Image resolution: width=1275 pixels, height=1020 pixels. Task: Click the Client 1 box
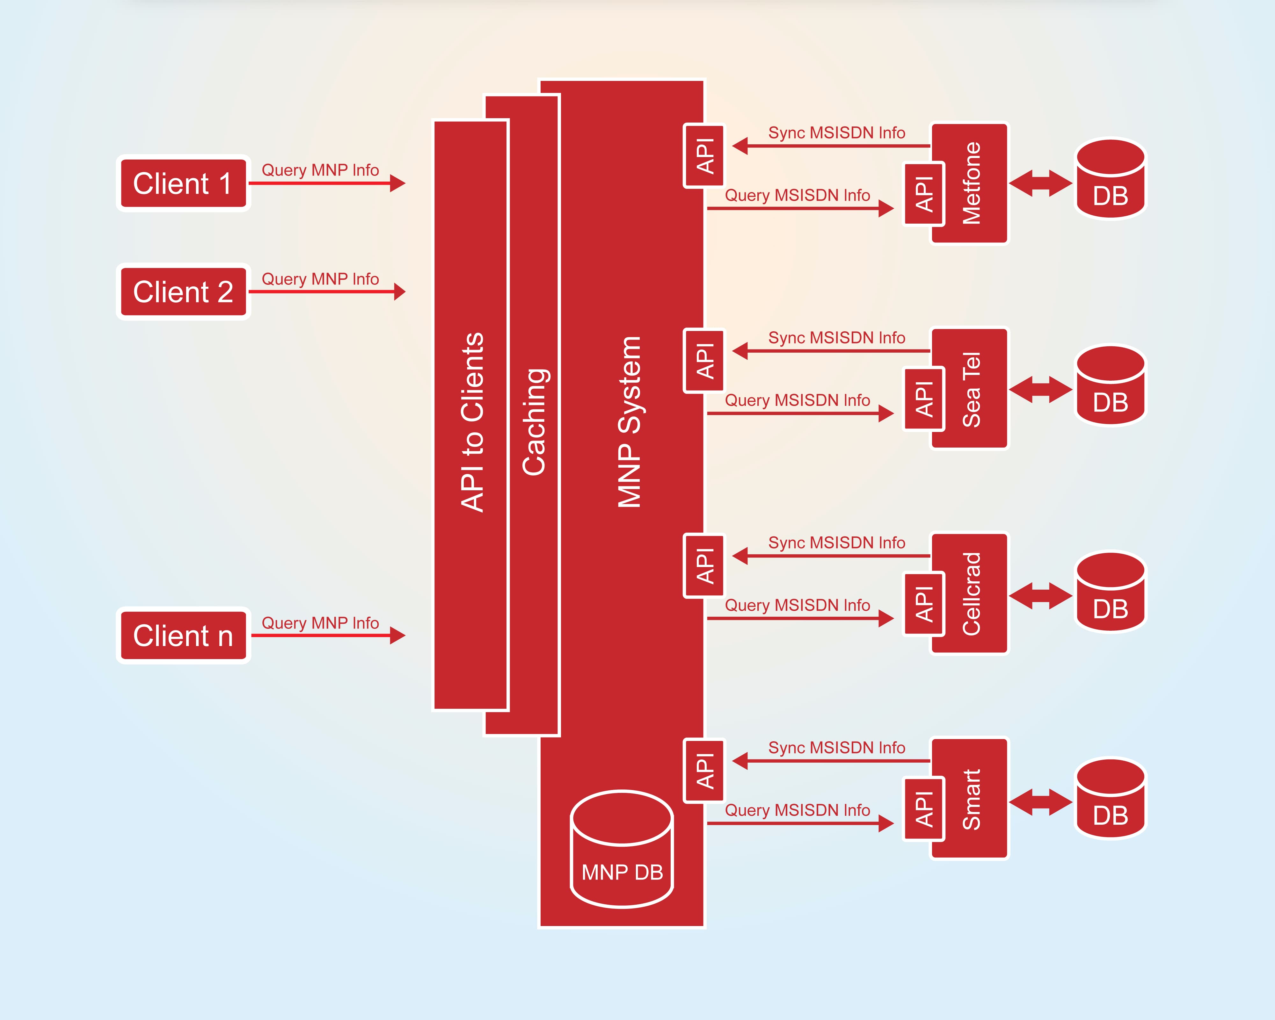click(x=183, y=183)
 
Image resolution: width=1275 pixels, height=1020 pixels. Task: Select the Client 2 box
click(x=183, y=291)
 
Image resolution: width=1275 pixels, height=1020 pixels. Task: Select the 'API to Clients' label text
click(x=472, y=421)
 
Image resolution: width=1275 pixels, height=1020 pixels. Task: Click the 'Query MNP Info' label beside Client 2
click(x=320, y=279)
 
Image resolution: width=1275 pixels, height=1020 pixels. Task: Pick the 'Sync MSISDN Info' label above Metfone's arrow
click(x=836, y=133)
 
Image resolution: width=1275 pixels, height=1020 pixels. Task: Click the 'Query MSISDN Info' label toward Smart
click(x=797, y=810)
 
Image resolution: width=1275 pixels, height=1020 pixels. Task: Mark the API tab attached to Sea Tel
click(x=924, y=399)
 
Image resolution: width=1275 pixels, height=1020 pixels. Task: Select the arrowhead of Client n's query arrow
click(x=398, y=636)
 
